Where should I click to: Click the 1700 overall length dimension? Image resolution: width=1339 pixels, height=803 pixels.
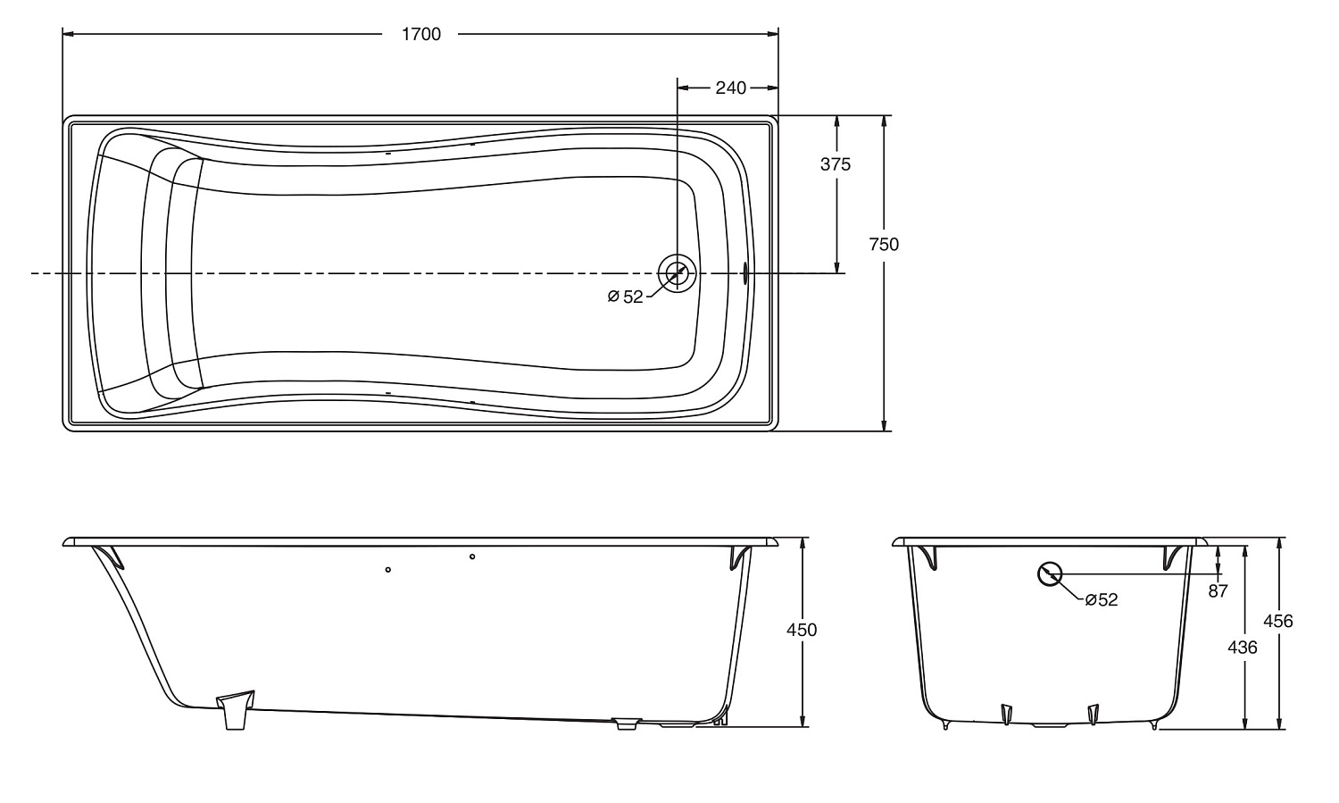point(420,34)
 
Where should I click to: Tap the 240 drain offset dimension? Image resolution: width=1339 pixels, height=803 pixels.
point(730,88)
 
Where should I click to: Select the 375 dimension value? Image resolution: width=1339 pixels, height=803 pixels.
point(835,163)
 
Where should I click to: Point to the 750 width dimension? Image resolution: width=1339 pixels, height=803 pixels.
point(884,244)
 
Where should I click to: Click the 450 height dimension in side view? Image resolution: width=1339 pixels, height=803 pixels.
point(802,630)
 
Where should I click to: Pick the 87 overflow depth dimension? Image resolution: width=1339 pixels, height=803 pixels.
point(1218,591)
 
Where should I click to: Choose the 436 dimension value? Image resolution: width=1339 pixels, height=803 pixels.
point(1243,647)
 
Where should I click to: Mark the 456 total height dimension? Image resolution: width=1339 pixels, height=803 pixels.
point(1278,622)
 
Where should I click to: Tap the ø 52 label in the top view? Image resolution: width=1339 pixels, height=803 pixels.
point(625,297)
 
